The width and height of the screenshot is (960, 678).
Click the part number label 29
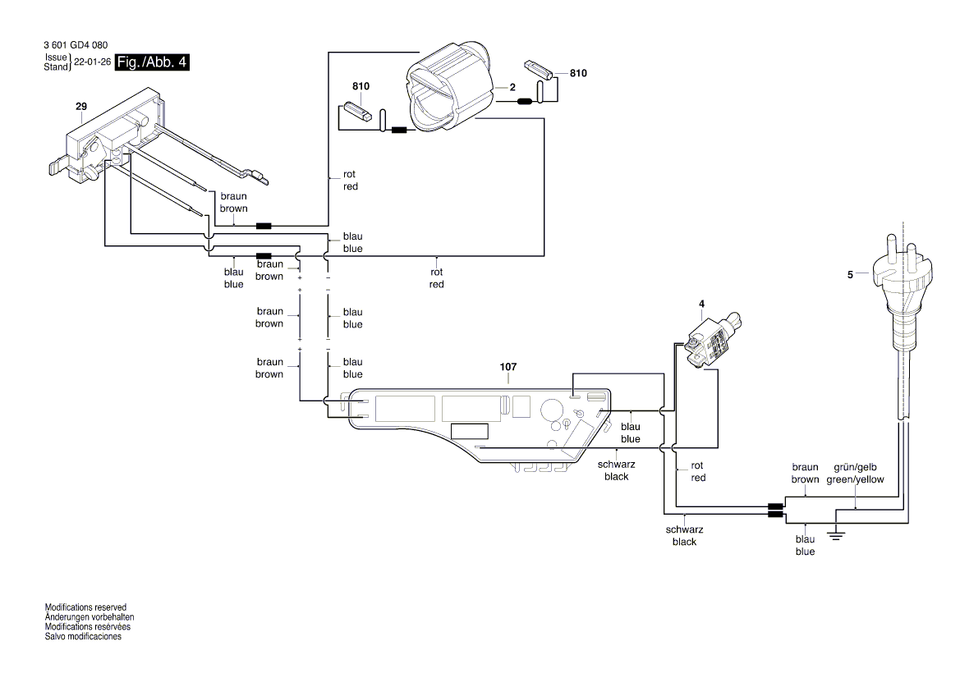(x=80, y=107)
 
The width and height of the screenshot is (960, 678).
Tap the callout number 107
(x=508, y=368)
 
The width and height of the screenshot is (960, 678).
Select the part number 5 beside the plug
(x=850, y=275)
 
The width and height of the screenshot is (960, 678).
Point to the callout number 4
(x=701, y=305)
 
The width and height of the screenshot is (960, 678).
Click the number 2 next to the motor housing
(x=512, y=86)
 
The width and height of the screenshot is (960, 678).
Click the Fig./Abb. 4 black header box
(x=152, y=62)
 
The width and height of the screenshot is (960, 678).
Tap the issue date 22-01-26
(x=92, y=62)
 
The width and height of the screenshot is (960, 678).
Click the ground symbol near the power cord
(x=836, y=534)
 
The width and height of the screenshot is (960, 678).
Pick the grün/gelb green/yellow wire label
(x=859, y=474)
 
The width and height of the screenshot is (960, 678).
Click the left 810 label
(x=361, y=86)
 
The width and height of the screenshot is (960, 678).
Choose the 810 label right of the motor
(x=578, y=73)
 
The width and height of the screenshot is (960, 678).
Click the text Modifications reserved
(x=85, y=607)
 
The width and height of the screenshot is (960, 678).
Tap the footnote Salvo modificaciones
(x=83, y=637)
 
